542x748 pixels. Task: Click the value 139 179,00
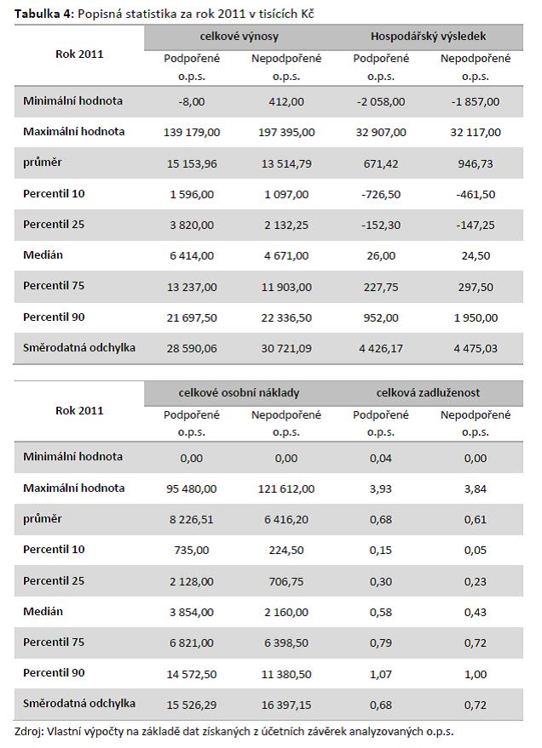[x=192, y=133]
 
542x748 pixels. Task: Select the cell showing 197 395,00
[x=286, y=133]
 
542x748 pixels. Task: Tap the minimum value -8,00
[x=192, y=101]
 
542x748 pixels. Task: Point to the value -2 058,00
[x=381, y=101]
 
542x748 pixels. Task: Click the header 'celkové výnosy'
[x=239, y=37]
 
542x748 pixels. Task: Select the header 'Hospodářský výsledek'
[x=428, y=37]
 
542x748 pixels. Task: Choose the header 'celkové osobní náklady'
[x=239, y=393]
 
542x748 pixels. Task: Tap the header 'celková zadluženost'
[x=428, y=393]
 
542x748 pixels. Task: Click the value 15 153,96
[x=192, y=163]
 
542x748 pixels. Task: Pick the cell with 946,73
[x=476, y=163]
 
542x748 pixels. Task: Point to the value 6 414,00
[x=192, y=256]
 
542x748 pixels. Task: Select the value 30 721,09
[x=286, y=349]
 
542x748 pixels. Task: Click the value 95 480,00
[x=192, y=488]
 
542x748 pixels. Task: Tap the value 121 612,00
[x=286, y=488]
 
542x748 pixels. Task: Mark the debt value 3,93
[x=381, y=488]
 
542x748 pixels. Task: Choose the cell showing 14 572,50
[x=192, y=674]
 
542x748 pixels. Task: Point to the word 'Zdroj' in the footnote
[x=29, y=731]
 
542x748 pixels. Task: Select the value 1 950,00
[x=476, y=317]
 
